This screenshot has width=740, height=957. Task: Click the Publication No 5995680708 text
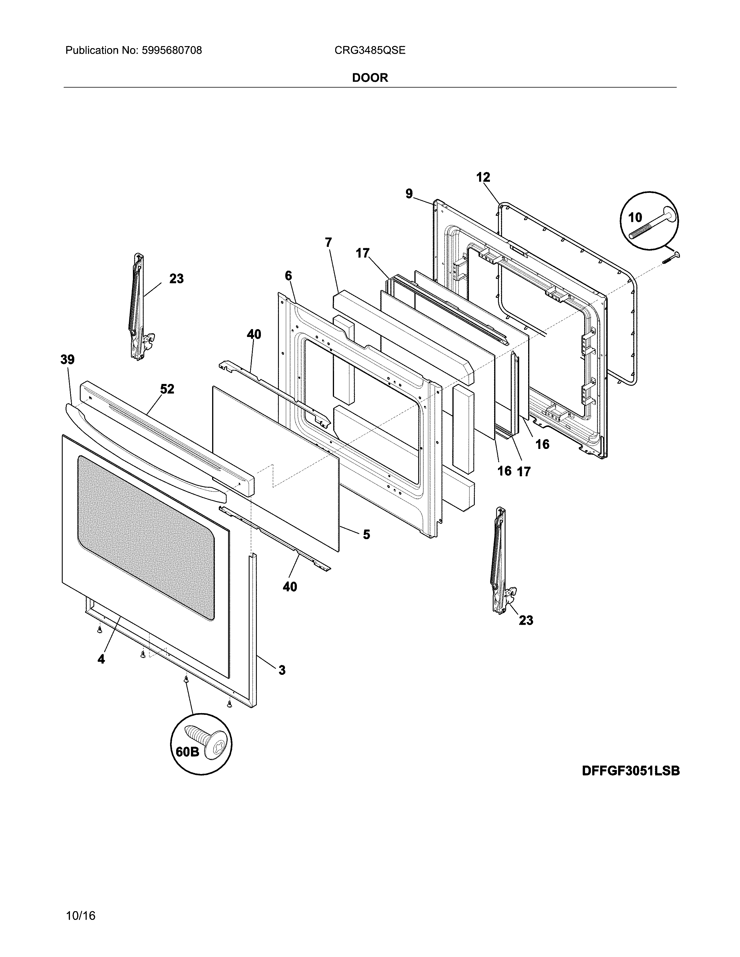pos(134,50)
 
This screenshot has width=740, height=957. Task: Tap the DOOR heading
pos(370,78)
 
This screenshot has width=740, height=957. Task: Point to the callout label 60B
pos(187,751)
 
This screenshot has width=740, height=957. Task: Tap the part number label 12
pos(483,177)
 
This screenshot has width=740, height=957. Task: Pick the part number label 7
pos(328,242)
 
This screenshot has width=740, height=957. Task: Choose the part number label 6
pos(288,275)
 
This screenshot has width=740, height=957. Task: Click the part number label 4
pos(101,659)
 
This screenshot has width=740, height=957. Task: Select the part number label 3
pos(282,670)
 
